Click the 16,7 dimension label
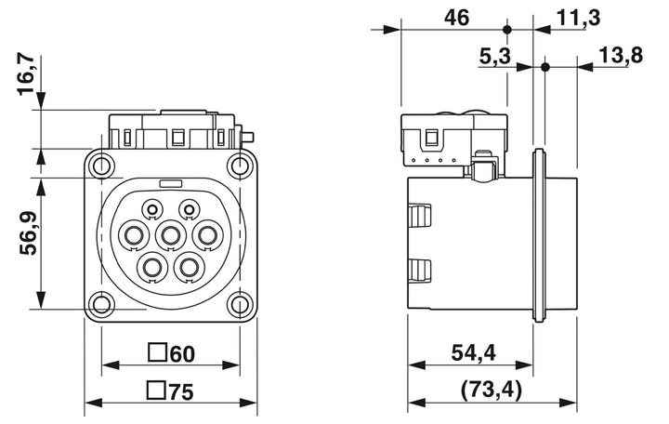click(25, 74)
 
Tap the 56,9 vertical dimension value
click(28, 233)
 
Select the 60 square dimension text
click(182, 354)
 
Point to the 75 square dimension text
click(181, 391)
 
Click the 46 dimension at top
click(456, 18)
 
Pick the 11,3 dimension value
click(578, 18)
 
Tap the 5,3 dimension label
click(494, 56)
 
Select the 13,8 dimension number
click(621, 55)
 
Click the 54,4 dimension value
click(474, 352)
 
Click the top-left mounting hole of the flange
click(101, 166)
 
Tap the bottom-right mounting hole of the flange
click(240, 304)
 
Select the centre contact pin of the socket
click(171, 235)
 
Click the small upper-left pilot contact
click(152, 209)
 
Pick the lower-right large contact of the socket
click(189, 268)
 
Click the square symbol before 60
click(157, 352)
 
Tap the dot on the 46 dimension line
click(507, 30)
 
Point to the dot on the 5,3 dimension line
click(544, 67)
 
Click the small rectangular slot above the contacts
click(171, 183)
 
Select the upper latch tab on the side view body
click(420, 218)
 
